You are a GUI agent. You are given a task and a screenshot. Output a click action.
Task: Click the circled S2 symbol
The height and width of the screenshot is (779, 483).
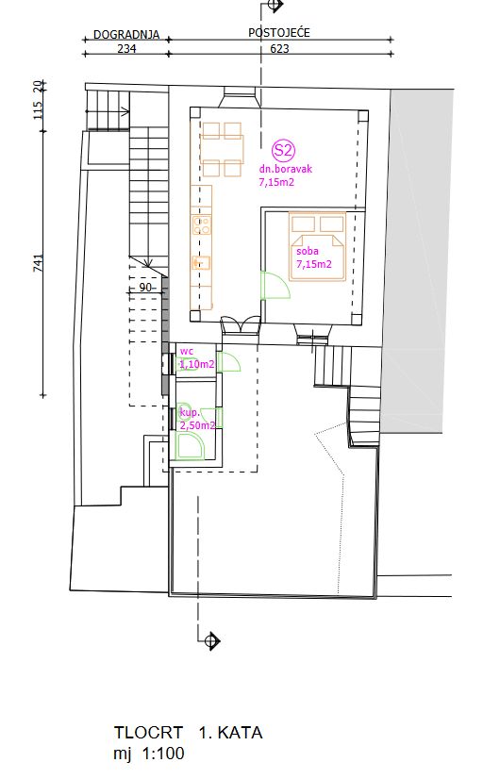click(283, 150)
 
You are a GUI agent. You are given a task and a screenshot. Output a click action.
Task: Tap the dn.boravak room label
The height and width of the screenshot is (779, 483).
click(285, 169)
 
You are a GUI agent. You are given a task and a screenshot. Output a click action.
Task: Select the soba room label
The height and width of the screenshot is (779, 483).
click(308, 252)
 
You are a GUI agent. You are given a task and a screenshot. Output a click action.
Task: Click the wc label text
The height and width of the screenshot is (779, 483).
click(187, 351)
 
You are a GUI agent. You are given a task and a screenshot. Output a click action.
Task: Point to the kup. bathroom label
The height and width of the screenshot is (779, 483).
click(190, 412)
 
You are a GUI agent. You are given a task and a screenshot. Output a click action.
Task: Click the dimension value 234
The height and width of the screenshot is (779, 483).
click(126, 49)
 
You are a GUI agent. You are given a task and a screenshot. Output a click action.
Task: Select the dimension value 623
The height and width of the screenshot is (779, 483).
click(279, 49)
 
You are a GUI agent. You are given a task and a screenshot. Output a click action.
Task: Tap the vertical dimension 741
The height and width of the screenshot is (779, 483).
click(39, 262)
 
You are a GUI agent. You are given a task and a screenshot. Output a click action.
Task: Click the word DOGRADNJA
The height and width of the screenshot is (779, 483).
click(126, 35)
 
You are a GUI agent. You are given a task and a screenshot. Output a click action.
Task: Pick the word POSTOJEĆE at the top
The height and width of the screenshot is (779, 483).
click(279, 32)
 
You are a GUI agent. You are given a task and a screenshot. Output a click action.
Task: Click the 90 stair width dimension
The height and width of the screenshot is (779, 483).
click(145, 288)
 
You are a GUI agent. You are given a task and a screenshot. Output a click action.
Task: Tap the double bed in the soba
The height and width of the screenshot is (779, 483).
click(318, 246)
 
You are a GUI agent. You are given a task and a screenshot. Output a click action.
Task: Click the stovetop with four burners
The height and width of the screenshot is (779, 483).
click(202, 225)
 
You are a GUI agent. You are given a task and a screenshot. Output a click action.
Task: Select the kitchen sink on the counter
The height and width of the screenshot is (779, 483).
click(201, 262)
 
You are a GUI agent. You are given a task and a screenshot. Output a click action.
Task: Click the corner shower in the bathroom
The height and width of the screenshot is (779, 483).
click(191, 446)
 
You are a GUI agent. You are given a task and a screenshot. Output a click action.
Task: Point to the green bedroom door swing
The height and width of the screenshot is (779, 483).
click(275, 285)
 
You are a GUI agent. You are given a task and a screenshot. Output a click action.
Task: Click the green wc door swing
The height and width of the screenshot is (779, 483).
click(229, 362)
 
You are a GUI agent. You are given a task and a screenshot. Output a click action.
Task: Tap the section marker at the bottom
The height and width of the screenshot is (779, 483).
click(212, 640)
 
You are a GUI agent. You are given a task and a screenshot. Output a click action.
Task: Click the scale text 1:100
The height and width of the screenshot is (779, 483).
click(163, 754)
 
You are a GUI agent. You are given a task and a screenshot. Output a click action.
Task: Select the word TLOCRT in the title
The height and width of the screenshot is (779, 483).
click(148, 733)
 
